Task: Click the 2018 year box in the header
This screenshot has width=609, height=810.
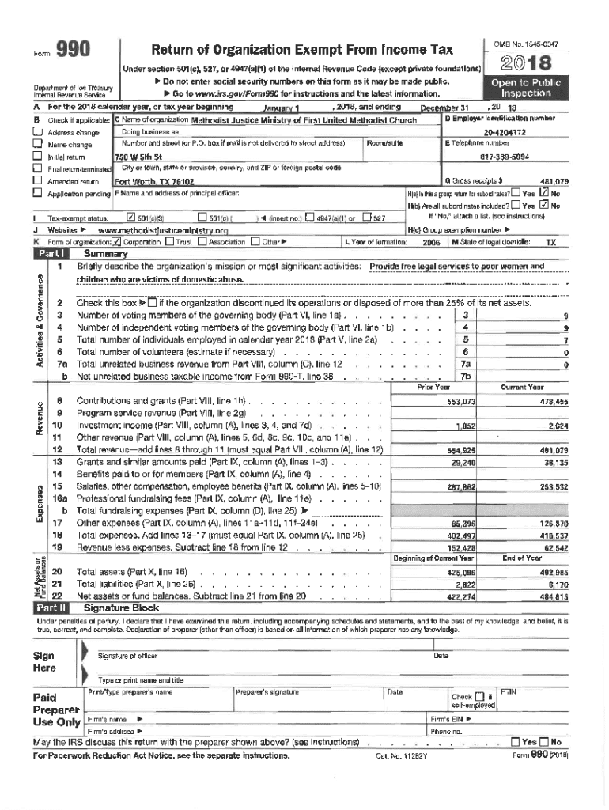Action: click(526, 62)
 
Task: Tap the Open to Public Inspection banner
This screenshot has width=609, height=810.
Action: click(526, 87)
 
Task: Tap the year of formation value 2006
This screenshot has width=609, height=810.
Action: click(431, 243)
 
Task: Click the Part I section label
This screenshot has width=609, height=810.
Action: click(50, 254)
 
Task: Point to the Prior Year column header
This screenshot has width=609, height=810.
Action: click(433, 388)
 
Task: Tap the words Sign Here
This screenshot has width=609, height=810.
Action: click(43, 662)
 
